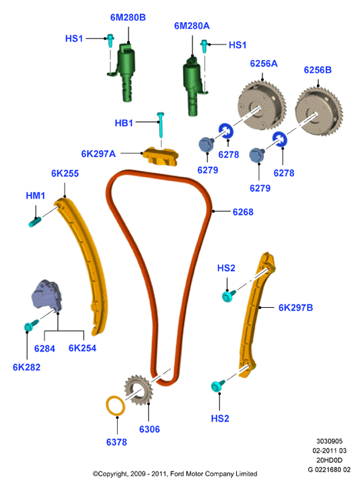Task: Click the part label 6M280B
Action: click(128, 18)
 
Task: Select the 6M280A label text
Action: click(192, 26)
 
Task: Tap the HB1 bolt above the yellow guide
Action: click(161, 125)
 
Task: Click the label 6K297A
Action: click(98, 154)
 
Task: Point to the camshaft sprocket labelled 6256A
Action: click(262, 106)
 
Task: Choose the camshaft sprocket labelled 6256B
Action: click(319, 111)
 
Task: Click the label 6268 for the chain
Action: click(243, 212)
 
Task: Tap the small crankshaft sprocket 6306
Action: click(139, 390)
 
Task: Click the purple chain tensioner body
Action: click(46, 295)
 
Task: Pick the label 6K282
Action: click(26, 367)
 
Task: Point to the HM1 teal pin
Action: click(35, 222)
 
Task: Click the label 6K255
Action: click(65, 173)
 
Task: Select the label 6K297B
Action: click(296, 307)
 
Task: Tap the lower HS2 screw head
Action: click(215, 387)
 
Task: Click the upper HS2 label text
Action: click(226, 267)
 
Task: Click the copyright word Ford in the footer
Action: click(178, 474)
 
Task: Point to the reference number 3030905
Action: click(329, 441)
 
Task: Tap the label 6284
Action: click(44, 348)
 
